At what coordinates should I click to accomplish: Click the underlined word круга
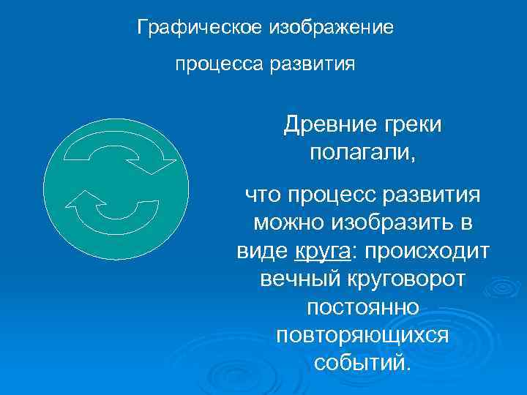click(323, 251)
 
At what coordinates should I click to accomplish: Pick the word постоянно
click(362, 306)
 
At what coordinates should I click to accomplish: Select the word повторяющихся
click(362, 334)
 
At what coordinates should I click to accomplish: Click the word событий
click(362, 362)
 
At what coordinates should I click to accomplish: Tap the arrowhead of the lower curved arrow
click(83, 199)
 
